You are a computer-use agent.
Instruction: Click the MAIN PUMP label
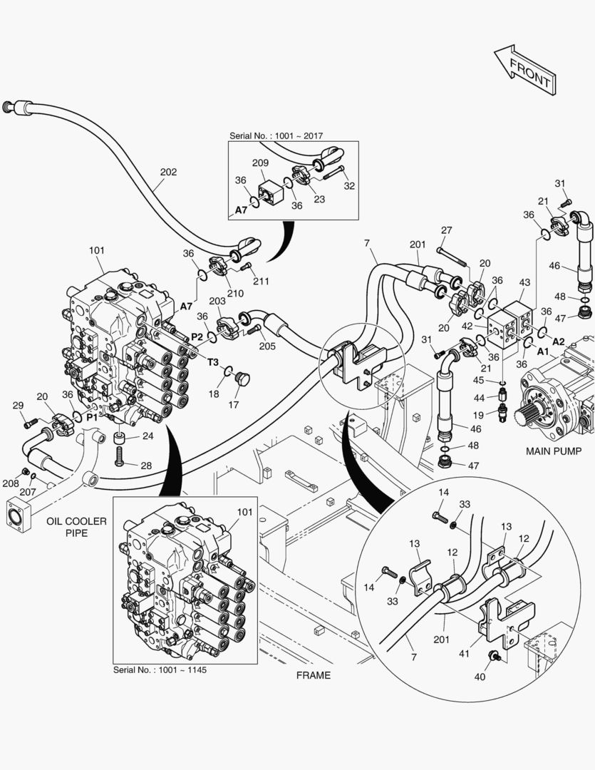coord(554,451)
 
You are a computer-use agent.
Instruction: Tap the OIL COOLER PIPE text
coord(76,527)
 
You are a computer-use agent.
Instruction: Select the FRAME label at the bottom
coord(314,674)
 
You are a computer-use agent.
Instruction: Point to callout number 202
coord(168,172)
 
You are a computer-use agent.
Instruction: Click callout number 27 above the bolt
coord(446,230)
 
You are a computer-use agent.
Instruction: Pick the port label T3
coord(213,362)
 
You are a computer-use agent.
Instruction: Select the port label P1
coord(92,417)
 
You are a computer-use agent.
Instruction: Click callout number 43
coord(524,283)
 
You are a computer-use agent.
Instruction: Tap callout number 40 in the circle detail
coord(479,677)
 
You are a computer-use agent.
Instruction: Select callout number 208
coord(11,483)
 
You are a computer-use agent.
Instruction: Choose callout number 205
coord(267,346)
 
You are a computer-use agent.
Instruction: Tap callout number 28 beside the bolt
coord(146,466)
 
